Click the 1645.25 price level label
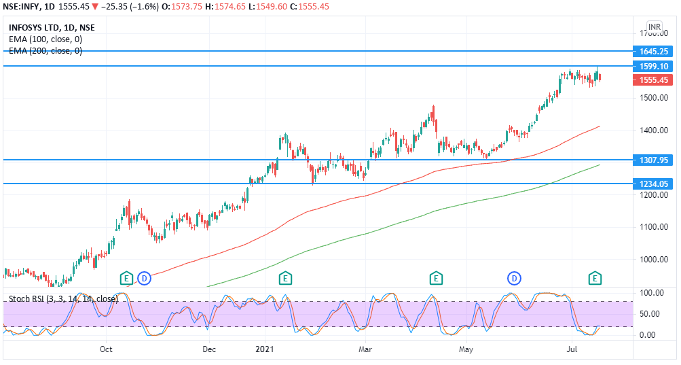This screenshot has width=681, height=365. pyautogui.click(x=654, y=51)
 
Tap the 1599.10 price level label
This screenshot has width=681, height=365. pyautogui.click(x=654, y=66)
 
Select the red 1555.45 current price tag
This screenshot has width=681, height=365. pyautogui.click(x=654, y=80)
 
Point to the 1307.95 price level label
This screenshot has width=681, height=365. pyautogui.click(x=654, y=160)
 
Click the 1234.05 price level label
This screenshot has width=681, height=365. pyautogui.click(x=654, y=184)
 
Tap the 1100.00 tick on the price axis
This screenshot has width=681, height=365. pyautogui.click(x=654, y=227)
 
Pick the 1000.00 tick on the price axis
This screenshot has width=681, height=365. pyautogui.click(x=654, y=260)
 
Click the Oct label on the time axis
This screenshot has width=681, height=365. pyautogui.click(x=106, y=349)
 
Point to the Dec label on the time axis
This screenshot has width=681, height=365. pyautogui.click(x=209, y=349)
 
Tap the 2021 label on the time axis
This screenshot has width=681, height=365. pyautogui.click(x=264, y=349)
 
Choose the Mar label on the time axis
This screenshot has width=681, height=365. pyautogui.click(x=365, y=349)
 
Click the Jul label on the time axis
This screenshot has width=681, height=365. pyautogui.click(x=572, y=349)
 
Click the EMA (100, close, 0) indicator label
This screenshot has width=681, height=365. pyautogui.click(x=45, y=39)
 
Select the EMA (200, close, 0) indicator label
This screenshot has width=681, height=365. pyautogui.click(x=45, y=50)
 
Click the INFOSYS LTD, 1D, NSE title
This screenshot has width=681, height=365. pyautogui.click(x=52, y=28)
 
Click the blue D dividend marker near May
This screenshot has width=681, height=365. pyautogui.click(x=515, y=277)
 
